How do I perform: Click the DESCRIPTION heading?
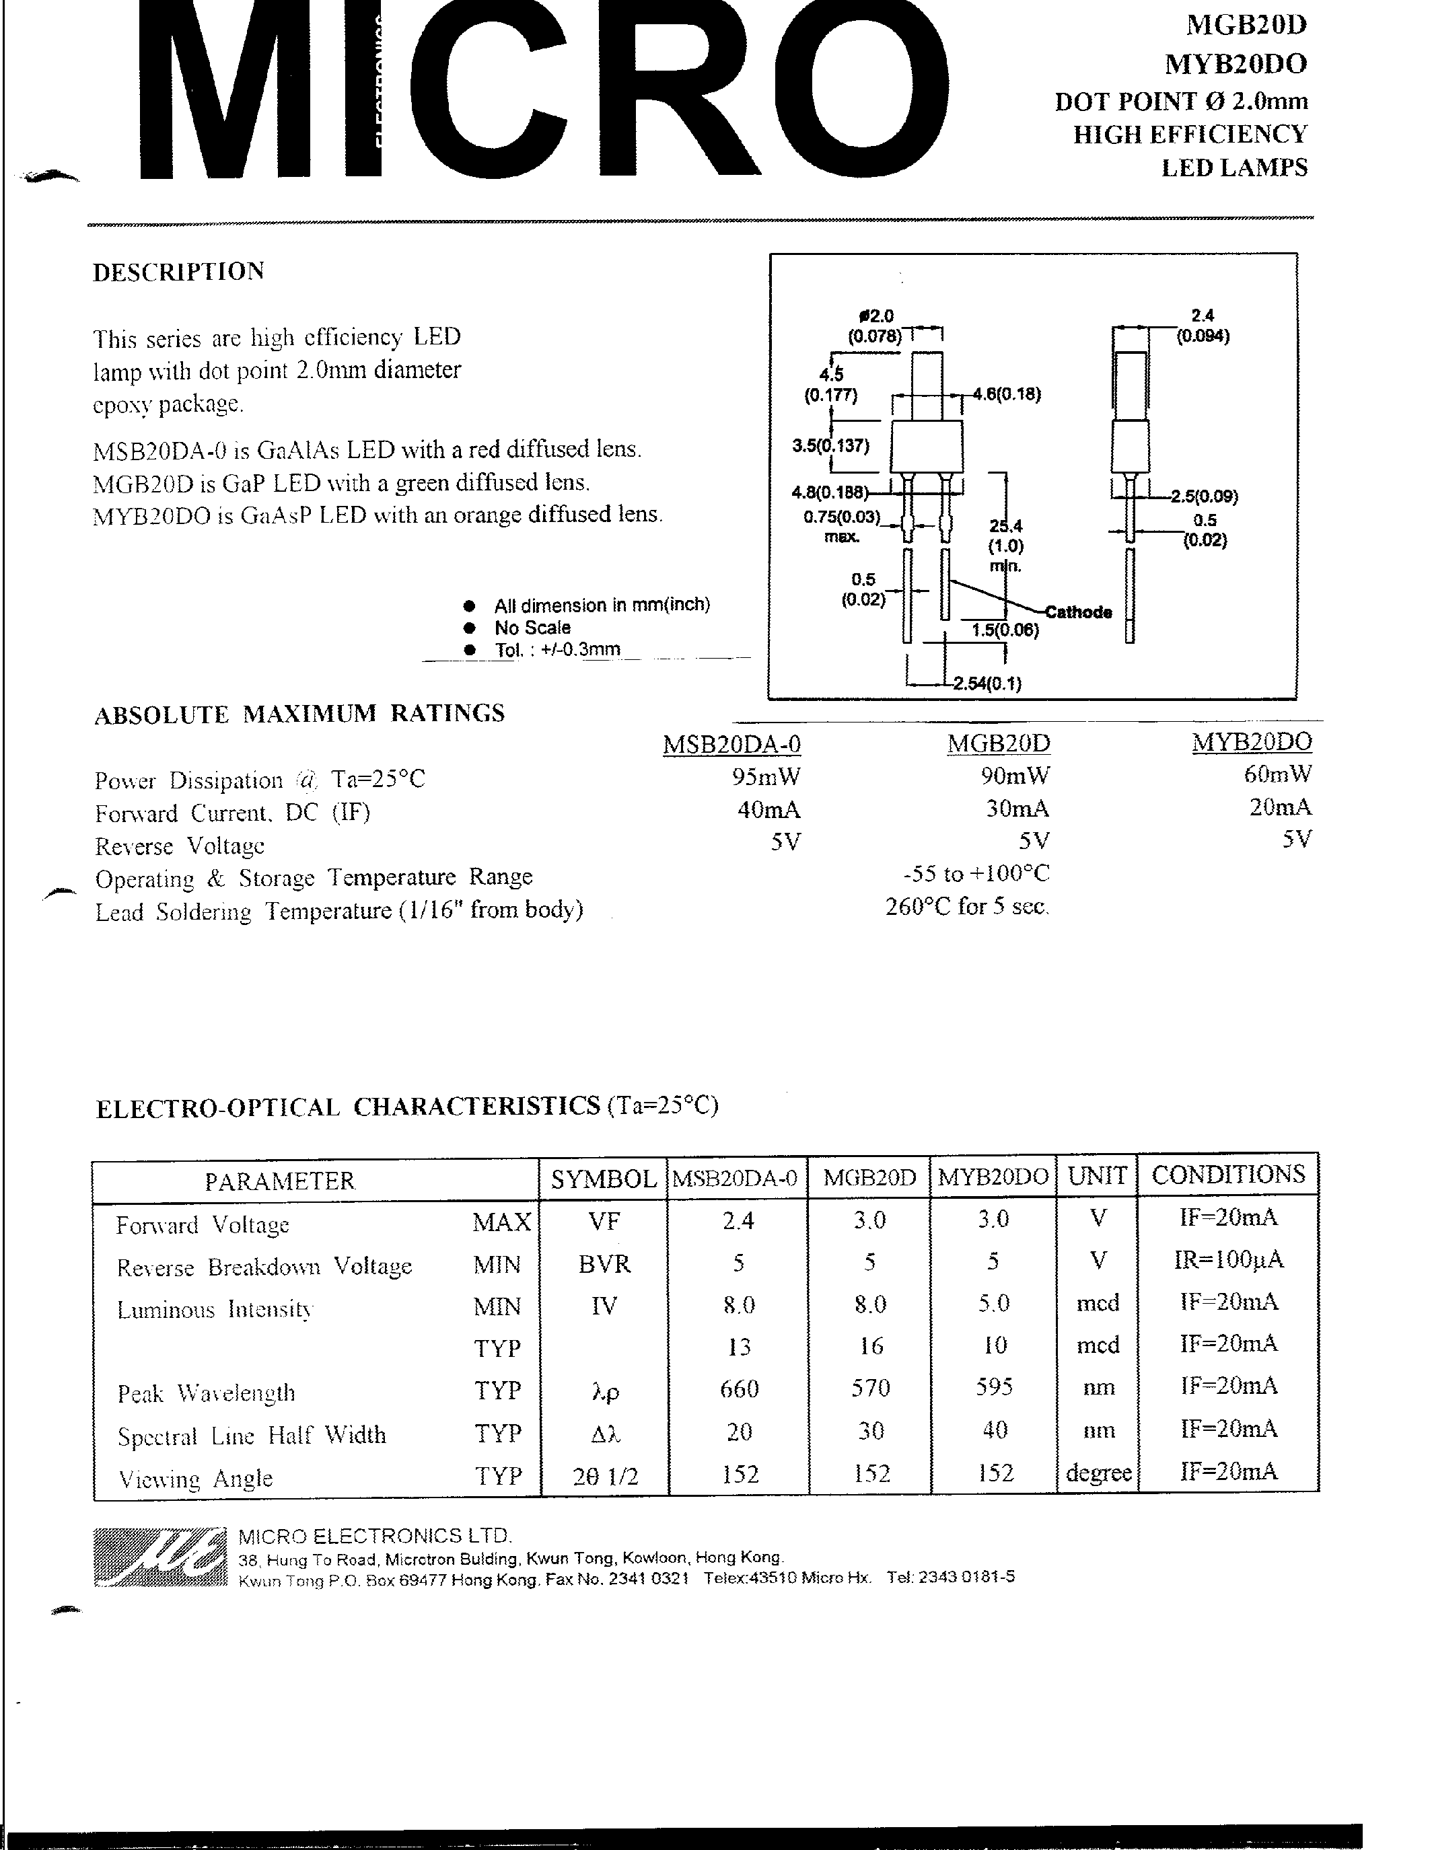[178, 272]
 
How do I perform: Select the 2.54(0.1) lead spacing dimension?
[987, 683]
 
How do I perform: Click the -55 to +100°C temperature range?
[976, 873]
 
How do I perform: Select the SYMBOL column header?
[603, 1178]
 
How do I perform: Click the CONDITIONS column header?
[1227, 1174]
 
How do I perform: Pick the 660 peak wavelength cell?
[739, 1389]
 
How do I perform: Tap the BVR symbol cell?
[604, 1264]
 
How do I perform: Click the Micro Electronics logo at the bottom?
[159, 1557]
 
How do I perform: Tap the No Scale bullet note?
[532, 628]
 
